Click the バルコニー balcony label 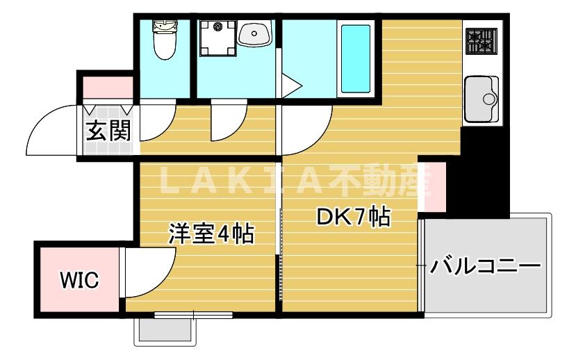point(485,265)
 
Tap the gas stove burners point(481,41)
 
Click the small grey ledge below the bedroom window point(164,330)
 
